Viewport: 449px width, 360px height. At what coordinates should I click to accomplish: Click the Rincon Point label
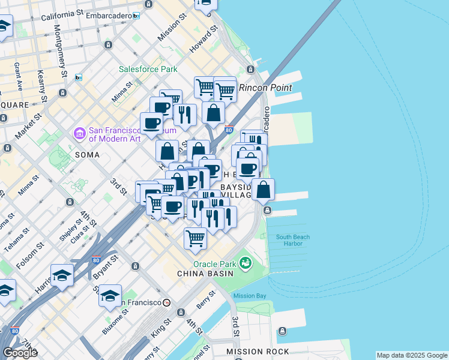coord(265,88)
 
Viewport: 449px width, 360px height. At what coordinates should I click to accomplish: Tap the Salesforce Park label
coord(148,69)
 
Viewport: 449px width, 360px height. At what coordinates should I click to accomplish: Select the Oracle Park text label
coord(214,264)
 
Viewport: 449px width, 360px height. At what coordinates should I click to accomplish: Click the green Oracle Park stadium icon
coord(245,263)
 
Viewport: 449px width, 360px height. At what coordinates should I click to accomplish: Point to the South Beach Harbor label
coord(293,240)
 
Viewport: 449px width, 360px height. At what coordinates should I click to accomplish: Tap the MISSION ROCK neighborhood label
coord(258,352)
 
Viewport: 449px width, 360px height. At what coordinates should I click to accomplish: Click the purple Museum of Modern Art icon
coord(79,133)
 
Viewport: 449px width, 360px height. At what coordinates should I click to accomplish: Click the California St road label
coord(63,14)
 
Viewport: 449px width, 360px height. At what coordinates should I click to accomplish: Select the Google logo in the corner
coord(20,353)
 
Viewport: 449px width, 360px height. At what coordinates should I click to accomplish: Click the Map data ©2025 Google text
coord(411,355)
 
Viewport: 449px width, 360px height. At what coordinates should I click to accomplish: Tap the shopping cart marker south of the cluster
coord(195,238)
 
